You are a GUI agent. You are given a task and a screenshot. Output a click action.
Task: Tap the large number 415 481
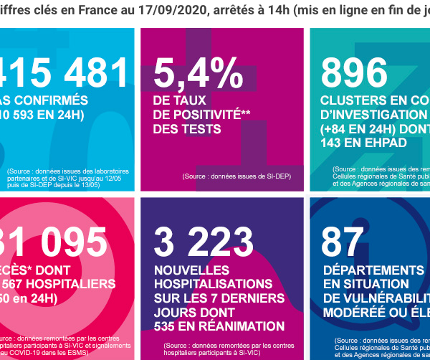pos(64,73)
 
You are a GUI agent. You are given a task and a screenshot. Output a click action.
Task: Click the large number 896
pos(354,73)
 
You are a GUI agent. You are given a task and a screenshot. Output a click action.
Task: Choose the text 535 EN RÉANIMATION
pos(219,326)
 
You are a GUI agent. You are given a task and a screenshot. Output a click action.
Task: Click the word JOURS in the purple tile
pos(175,313)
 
